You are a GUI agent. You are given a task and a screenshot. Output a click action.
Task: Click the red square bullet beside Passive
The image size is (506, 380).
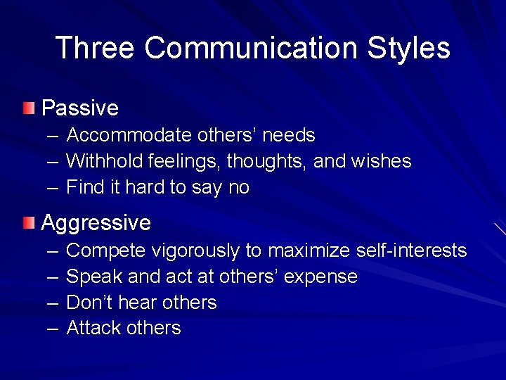point(27,108)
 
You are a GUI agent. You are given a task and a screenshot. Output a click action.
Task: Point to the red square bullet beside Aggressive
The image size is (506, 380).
point(27,224)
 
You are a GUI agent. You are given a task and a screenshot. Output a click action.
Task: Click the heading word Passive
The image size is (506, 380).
point(80,108)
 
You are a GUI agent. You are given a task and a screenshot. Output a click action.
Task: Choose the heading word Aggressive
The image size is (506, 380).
point(96,224)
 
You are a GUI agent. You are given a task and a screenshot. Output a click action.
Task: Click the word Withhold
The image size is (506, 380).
point(105,161)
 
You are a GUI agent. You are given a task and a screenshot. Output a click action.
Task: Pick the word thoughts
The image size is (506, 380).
point(269,161)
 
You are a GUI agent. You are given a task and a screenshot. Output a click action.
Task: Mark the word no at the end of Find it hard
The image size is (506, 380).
point(239,188)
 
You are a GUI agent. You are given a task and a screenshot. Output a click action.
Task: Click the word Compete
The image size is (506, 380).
point(105,250)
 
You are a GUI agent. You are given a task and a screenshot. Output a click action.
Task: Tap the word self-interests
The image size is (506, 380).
point(412,250)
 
